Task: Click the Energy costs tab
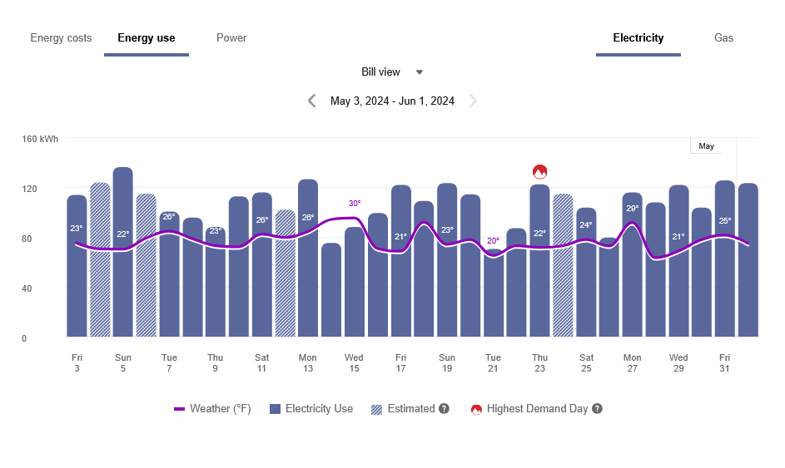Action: pyautogui.click(x=61, y=38)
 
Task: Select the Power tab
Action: pyautogui.click(x=231, y=38)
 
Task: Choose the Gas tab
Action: pyautogui.click(x=723, y=38)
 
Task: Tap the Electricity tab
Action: pyautogui.click(x=638, y=38)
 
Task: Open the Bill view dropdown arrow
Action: pyautogui.click(x=420, y=72)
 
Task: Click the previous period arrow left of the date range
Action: pyautogui.click(x=312, y=101)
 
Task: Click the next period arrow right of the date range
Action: pyautogui.click(x=473, y=101)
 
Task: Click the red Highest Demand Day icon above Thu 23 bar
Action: pyautogui.click(x=539, y=172)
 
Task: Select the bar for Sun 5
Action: pyautogui.click(x=123, y=249)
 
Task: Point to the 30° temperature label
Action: pyautogui.click(x=355, y=204)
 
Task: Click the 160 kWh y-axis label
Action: pyautogui.click(x=40, y=139)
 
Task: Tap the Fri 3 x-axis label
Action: pyautogui.click(x=77, y=362)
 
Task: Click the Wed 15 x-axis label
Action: pyautogui.click(x=354, y=362)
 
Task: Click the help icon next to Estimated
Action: pyautogui.click(x=445, y=409)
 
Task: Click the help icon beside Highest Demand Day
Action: pyautogui.click(x=597, y=409)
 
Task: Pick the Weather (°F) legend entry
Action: pyautogui.click(x=212, y=409)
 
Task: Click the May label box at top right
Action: pyautogui.click(x=706, y=146)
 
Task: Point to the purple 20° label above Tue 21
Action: pyautogui.click(x=493, y=241)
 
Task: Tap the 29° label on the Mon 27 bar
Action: pyautogui.click(x=633, y=209)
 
